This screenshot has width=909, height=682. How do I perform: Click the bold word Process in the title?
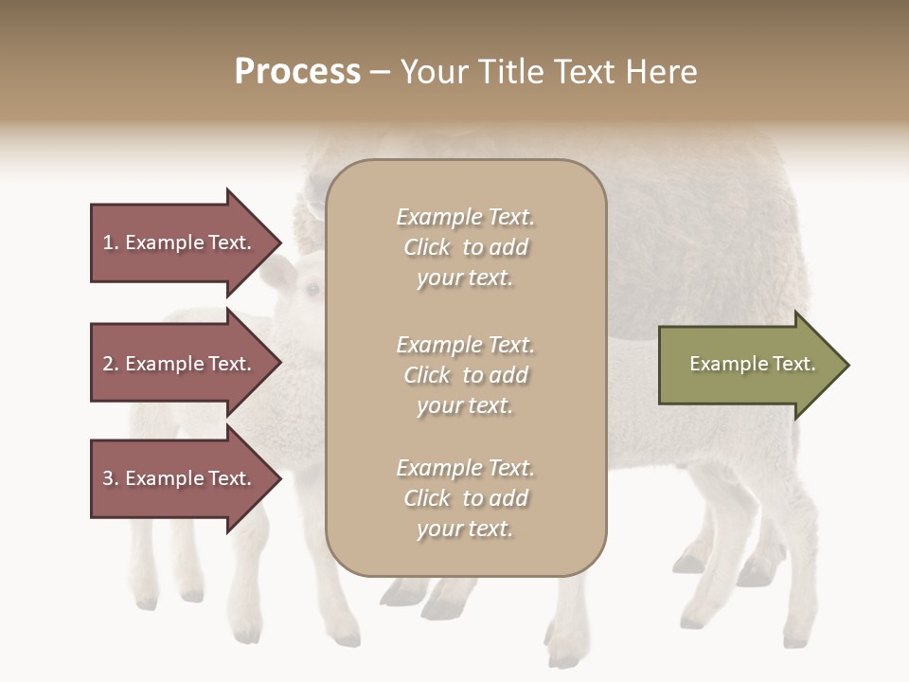point(297,72)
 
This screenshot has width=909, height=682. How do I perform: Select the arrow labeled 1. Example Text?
point(180,242)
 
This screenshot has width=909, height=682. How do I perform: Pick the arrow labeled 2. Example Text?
point(180,364)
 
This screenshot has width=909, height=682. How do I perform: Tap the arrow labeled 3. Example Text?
point(180,478)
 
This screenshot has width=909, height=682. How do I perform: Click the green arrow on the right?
point(748,364)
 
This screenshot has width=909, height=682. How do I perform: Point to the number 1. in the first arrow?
point(111,242)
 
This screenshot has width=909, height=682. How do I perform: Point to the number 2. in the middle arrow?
point(111,364)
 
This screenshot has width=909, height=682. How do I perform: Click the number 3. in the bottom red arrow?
point(111,478)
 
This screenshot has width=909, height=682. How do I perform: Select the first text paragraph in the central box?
point(465,247)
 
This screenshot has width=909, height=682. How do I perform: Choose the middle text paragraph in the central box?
point(465,375)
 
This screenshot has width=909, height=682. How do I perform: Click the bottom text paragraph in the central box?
point(465,498)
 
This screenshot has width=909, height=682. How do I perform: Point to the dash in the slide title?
point(381,72)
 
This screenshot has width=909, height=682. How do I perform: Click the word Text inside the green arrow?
point(793,364)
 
